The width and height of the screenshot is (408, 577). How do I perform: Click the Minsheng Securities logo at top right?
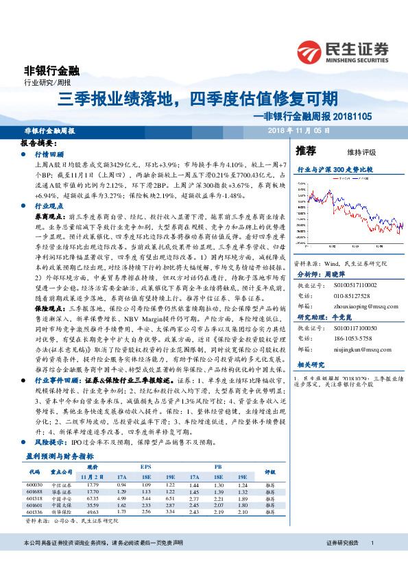tap(343, 51)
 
